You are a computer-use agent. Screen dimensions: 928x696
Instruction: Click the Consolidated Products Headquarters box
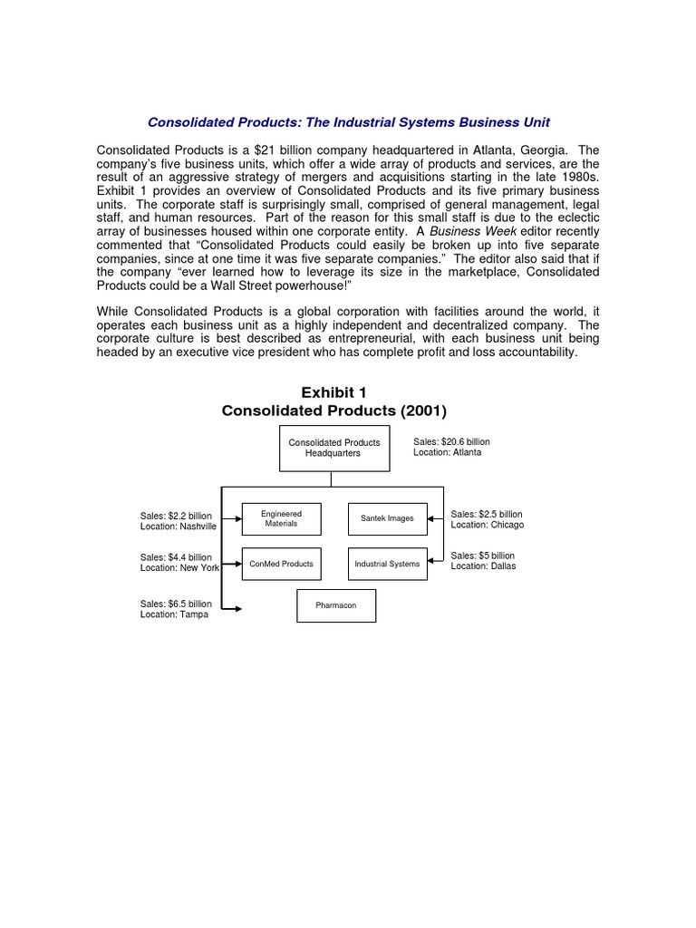(334, 448)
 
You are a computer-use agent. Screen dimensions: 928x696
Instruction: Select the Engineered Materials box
(281, 518)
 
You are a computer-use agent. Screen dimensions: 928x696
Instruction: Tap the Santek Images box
(387, 518)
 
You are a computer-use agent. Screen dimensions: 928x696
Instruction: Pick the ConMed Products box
(281, 564)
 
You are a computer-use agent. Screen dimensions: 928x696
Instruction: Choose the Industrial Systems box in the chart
(387, 564)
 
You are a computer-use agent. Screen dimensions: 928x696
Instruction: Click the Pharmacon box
(335, 605)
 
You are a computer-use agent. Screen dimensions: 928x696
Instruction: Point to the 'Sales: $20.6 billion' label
(451, 441)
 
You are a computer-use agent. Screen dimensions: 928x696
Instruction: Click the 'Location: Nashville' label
(179, 526)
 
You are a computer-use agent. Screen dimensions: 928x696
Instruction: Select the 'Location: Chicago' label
(488, 525)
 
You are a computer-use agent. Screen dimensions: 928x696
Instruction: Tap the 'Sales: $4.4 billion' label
(176, 557)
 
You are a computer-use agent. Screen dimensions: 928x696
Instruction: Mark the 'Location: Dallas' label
(483, 566)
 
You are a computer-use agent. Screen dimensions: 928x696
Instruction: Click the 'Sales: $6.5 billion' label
(176, 604)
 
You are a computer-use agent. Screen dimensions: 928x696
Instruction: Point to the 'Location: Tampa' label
(174, 614)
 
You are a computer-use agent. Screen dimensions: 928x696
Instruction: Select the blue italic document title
(348, 121)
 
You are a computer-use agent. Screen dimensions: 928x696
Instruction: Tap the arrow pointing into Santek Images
(433, 519)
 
